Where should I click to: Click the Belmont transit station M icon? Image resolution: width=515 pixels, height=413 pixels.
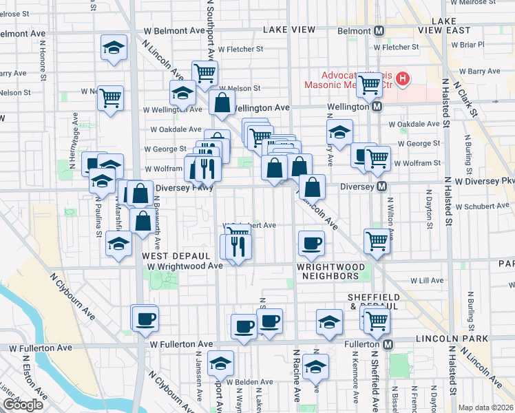click(379, 30)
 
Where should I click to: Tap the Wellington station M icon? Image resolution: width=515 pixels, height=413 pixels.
click(377, 107)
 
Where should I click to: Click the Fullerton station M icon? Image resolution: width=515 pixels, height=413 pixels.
click(388, 344)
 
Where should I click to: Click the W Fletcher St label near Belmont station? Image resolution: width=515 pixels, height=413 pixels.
click(396, 47)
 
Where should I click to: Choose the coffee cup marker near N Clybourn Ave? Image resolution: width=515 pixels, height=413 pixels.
click(146, 319)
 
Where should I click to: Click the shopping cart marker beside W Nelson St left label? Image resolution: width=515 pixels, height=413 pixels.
click(110, 99)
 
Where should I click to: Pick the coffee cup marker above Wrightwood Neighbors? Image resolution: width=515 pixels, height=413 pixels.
click(311, 243)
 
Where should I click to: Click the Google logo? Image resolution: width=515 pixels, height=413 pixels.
click(22, 405)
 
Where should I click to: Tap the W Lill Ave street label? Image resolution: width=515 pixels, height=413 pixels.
click(427, 281)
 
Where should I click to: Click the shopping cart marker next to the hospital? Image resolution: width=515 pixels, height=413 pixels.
click(370, 85)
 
